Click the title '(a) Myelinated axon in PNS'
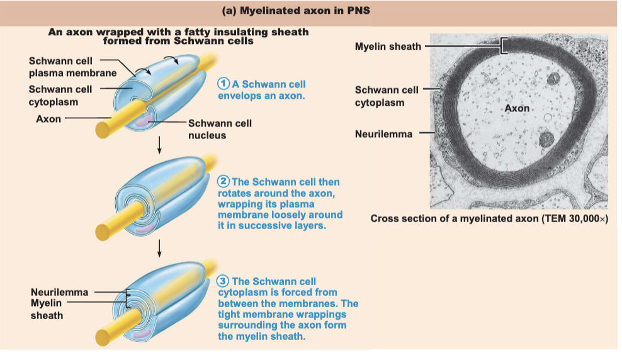tap(296, 11)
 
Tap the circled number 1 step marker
tap(223, 84)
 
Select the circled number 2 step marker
tap(223, 182)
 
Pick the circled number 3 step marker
tap(222, 281)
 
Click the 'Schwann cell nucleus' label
tap(220, 129)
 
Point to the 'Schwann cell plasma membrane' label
tap(72, 67)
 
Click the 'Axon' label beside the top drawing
tap(48, 119)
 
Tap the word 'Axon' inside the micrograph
tap(517, 108)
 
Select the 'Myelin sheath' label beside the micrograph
tap(388, 47)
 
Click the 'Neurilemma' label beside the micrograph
tap(383, 134)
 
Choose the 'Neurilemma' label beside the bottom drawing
tap(60, 292)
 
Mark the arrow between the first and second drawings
tap(159, 145)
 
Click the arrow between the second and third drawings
tap(159, 248)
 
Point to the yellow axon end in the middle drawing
tap(103, 232)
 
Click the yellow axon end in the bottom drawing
tap(103, 338)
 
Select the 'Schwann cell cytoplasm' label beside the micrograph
tap(387, 96)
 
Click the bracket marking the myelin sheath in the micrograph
tap(504, 46)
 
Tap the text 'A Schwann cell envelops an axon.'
tap(262, 90)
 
